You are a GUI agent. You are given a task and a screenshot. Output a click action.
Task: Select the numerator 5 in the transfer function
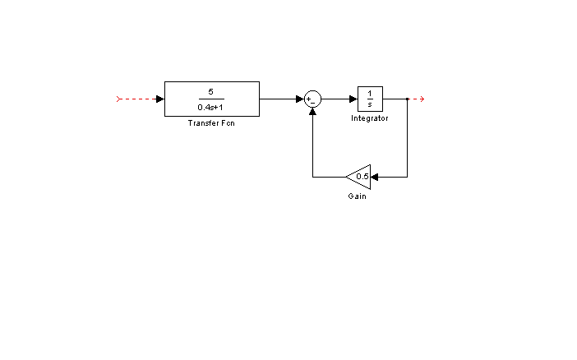coord(211,92)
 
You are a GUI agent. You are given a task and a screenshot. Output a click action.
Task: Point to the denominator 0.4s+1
coord(210,108)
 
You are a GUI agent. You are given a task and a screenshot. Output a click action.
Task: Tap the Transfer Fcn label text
coord(211,123)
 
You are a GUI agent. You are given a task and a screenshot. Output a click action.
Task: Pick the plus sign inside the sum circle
coord(308,99)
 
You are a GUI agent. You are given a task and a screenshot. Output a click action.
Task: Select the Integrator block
coord(370,99)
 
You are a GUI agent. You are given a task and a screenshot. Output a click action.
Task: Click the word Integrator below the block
coord(369,118)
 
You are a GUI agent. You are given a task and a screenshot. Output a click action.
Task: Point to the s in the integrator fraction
coord(370,104)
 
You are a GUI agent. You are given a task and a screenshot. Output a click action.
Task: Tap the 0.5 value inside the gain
coord(362,177)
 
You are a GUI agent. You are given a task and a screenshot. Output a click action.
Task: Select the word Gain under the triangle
coord(357,196)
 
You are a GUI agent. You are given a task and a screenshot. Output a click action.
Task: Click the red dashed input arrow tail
coord(118,99)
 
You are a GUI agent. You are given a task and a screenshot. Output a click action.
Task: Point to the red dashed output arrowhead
coord(422,99)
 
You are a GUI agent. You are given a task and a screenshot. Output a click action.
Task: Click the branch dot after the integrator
coord(408,99)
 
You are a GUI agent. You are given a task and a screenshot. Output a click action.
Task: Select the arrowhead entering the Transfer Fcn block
coord(160,99)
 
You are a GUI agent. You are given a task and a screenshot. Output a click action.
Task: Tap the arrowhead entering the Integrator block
coord(353,99)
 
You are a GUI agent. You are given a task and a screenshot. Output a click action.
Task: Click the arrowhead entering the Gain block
coord(375,177)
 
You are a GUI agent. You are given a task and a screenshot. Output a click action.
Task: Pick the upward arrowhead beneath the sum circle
coord(313,112)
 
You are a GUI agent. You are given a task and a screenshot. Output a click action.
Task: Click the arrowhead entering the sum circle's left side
coord(300,99)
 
